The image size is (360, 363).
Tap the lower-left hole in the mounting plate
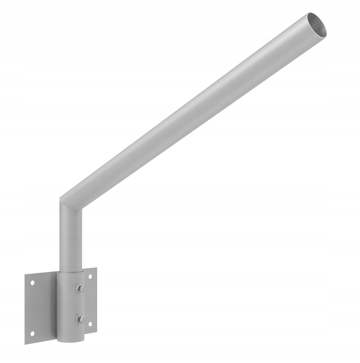(32, 333)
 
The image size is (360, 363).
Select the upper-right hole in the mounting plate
(90, 276)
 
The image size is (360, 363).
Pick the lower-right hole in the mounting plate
(90, 323)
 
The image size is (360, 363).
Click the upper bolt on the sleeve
(80, 288)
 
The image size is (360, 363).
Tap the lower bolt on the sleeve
(80, 319)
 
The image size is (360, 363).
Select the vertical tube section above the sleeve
(71, 237)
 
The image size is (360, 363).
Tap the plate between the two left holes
(33, 308)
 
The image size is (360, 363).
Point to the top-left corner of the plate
(26, 276)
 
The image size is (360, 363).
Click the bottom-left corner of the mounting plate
(26, 343)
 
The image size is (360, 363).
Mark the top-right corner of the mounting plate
(96, 268)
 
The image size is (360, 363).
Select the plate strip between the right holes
(91, 300)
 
